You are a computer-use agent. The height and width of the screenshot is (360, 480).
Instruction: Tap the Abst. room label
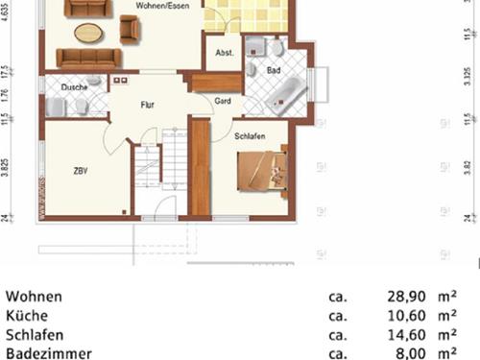(225, 53)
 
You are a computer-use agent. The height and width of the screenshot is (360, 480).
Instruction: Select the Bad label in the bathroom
(274, 70)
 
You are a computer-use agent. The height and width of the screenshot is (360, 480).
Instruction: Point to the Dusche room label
(74, 87)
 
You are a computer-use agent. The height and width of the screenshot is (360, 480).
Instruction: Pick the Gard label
(222, 100)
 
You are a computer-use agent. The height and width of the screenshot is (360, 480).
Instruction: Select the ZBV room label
(81, 171)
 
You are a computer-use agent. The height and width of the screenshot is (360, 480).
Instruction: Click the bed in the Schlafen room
(261, 170)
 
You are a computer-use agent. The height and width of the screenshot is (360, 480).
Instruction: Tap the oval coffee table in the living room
(88, 33)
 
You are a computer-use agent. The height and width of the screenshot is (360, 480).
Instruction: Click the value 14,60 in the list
(401, 335)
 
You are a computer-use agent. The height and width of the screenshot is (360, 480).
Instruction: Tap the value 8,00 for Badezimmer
(407, 353)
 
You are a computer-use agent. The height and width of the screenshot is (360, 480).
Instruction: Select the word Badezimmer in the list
(48, 353)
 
